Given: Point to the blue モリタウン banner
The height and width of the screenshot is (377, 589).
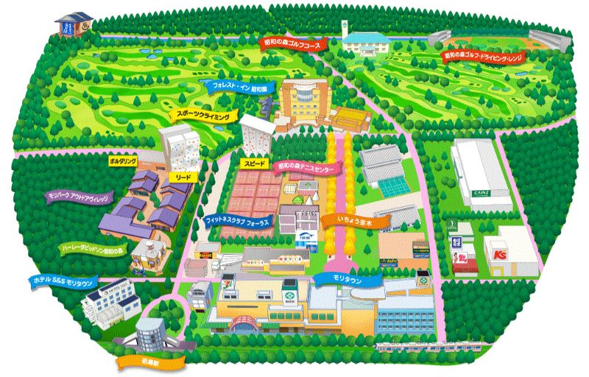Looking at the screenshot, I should click(x=342, y=278).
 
